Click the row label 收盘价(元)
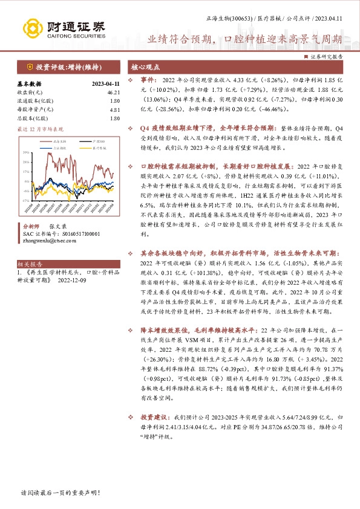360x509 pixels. click(x=27, y=92)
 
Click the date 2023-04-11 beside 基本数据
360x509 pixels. click(x=97, y=84)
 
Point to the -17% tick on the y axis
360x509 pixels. click(x=25, y=200)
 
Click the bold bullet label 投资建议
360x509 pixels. click(x=152, y=417)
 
